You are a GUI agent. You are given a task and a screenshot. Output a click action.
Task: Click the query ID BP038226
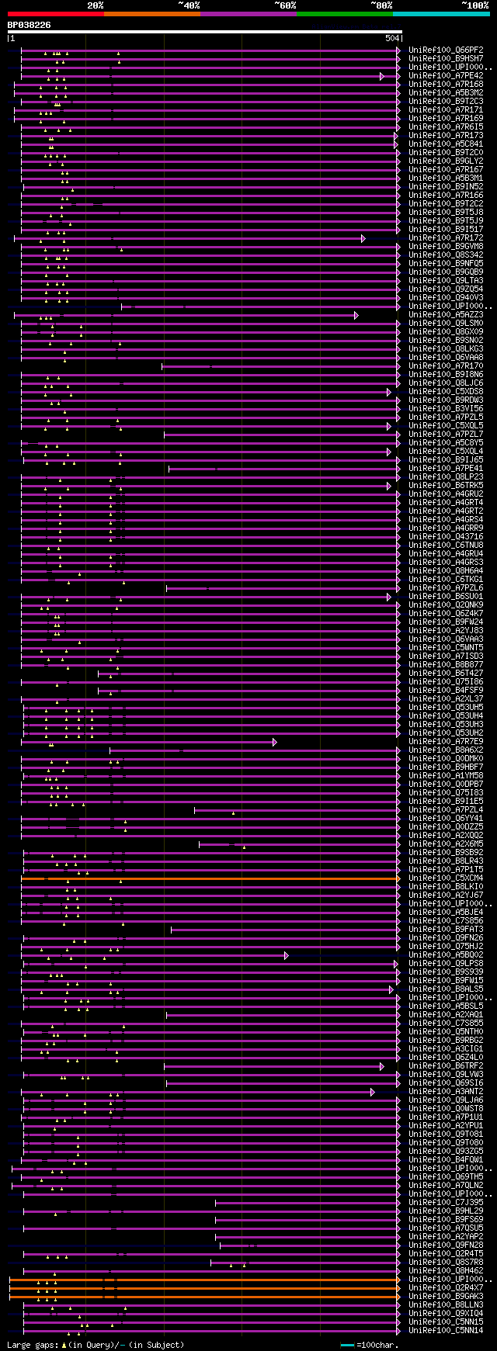pyautogui.click(x=29, y=25)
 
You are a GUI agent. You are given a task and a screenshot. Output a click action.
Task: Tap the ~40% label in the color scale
pyautogui.click(x=189, y=5)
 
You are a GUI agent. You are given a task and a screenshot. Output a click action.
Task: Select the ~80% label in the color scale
pyautogui.click(x=381, y=5)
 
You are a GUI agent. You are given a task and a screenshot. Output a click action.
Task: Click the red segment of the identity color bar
pyautogui.click(x=55, y=14)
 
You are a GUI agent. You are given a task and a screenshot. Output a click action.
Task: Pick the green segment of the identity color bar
pyautogui.click(x=344, y=14)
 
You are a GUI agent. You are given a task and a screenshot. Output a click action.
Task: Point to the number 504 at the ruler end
pyautogui.click(x=391, y=38)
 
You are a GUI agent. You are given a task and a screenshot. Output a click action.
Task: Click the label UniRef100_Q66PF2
pyautogui.click(x=445, y=50)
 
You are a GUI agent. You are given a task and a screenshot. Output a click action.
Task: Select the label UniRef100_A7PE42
pyautogui.click(x=445, y=76)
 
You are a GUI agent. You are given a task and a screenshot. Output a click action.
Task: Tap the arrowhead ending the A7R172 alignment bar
pyautogui.click(x=363, y=238)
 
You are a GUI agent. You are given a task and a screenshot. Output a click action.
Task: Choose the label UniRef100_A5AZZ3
pyautogui.click(x=445, y=315)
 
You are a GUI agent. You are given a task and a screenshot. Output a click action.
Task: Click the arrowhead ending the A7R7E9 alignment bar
pyautogui.click(x=274, y=742)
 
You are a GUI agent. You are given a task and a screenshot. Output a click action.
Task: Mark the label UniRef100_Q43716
pyautogui.click(x=445, y=537)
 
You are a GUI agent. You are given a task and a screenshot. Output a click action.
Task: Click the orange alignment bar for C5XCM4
pyautogui.click(x=233, y=878)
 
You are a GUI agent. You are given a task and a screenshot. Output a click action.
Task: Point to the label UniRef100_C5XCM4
pyautogui.click(x=445, y=878)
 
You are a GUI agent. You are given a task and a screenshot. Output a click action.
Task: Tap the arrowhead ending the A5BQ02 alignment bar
pyautogui.click(x=286, y=955)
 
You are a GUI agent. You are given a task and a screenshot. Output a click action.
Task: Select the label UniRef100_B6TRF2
pyautogui.click(x=445, y=1066)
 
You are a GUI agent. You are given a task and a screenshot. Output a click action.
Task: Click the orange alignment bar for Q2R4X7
pyautogui.click(x=233, y=1288)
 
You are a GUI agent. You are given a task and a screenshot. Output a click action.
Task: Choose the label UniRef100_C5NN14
pyautogui.click(x=445, y=1331)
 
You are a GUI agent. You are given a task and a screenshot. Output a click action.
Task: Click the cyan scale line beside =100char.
pyautogui.click(x=347, y=1345)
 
